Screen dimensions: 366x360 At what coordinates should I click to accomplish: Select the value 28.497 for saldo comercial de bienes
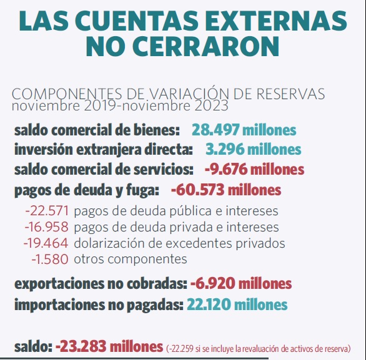pyautogui.click(x=215, y=130)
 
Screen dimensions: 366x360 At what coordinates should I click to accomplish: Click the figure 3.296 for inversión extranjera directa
pyautogui.click(x=225, y=149)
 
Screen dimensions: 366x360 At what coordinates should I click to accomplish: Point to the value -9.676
pyautogui.click(x=226, y=169)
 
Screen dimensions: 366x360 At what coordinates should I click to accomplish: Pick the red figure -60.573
pyautogui.click(x=198, y=190)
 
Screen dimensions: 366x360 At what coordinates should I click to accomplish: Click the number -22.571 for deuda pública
pyautogui.click(x=47, y=211)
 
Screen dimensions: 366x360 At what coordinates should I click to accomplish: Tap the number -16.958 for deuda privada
pyautogui.click(x=46, y=227)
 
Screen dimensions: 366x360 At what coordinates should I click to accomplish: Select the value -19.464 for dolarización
pyautogui.click(x=46, y=243)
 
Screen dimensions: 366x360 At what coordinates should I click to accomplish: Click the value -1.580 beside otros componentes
pyautogui.click(x=50, y=259)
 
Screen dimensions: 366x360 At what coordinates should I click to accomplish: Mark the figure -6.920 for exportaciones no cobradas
pyautogui.click(x=213, y=283)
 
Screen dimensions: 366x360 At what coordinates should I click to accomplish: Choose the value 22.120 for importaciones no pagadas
pyautogui.click(x=209, y=304)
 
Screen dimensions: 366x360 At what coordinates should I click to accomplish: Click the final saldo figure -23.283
pyautogui.click(x=81, y=346)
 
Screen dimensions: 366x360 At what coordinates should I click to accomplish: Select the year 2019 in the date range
pyautogui.click(x=101, y=105)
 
